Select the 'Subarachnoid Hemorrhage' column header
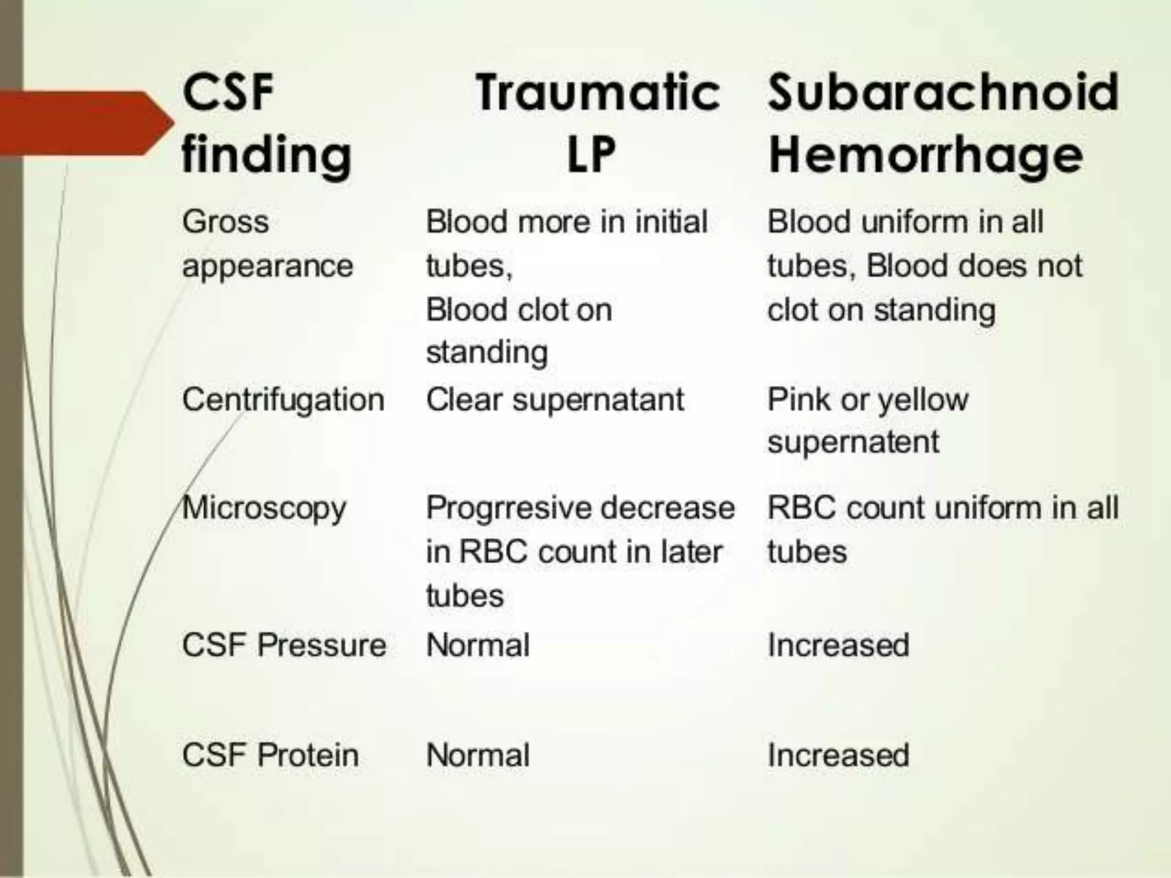coord(942,122)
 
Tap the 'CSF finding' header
coord(266,122)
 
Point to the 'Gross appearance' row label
coord(267,244)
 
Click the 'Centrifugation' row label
coord(283,399)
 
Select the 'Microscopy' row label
coord(264,508)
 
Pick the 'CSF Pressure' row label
coord(284,645)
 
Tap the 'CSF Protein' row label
coord(270,755)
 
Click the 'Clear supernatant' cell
coord(555,399)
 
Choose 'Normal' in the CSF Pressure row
coord(478,645)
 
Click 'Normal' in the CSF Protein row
coord(478,755)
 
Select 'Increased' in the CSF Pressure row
coord(838,645)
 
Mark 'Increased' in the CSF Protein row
coord(838,755)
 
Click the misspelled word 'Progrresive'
coord(492,508)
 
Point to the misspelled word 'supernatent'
coord(853,442)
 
